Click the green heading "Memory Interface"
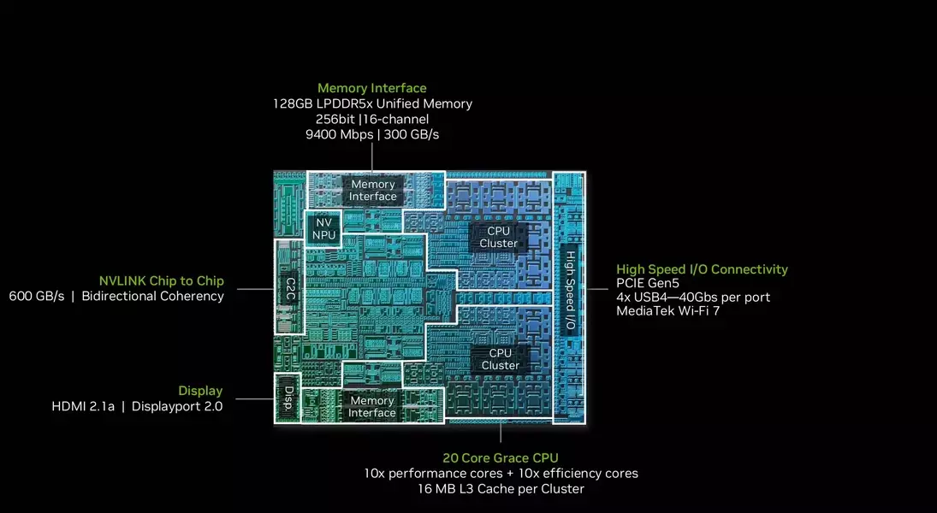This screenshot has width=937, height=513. (371, 88)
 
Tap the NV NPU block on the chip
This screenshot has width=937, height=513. (323, 229)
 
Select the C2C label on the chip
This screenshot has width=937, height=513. (290, 288)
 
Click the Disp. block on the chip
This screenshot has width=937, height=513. (288, 398)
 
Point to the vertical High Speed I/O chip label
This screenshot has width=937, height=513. (570, 290)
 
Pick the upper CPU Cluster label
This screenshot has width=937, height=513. (498, 237)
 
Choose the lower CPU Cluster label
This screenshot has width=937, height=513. (501, 359)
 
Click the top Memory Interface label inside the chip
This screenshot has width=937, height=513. (373, 191)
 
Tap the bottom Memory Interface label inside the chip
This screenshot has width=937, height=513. (371, 407)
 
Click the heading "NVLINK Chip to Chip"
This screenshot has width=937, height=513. (162, 280)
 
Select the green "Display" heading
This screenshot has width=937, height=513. (200, 391)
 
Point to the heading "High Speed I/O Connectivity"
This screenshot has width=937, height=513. (703, 269)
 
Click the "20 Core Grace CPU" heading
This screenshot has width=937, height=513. (501, 458)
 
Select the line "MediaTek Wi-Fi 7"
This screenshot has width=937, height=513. (668, 310)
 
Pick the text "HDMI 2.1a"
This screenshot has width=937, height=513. (83, 407)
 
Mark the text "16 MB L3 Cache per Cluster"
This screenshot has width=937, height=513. (501, 488)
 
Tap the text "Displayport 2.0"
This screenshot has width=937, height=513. (177, 407)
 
